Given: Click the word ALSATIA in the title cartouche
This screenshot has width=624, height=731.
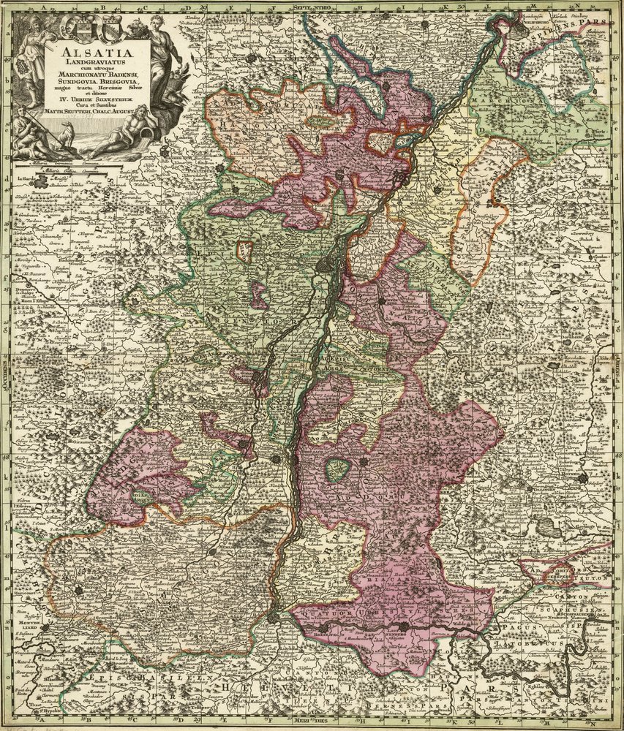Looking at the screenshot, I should pos(98,53).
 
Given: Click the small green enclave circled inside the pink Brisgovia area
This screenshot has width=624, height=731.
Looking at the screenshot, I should pos(337,470).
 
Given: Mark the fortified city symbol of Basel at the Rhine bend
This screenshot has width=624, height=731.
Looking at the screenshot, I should pos(274,618).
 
